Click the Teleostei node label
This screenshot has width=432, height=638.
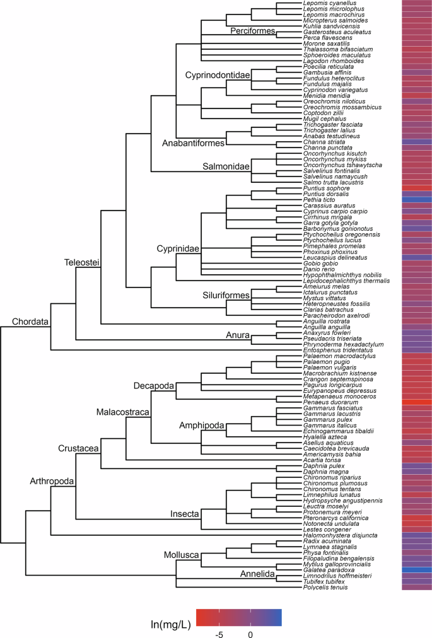point(82,261)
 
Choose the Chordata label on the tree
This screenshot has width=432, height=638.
point(31,322)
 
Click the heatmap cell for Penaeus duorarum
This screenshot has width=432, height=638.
point(417,402)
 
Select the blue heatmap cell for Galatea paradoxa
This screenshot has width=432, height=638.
point(417,570)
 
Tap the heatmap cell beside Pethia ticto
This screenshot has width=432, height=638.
point(417,199)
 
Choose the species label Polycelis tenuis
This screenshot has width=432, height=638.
point(324,588)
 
